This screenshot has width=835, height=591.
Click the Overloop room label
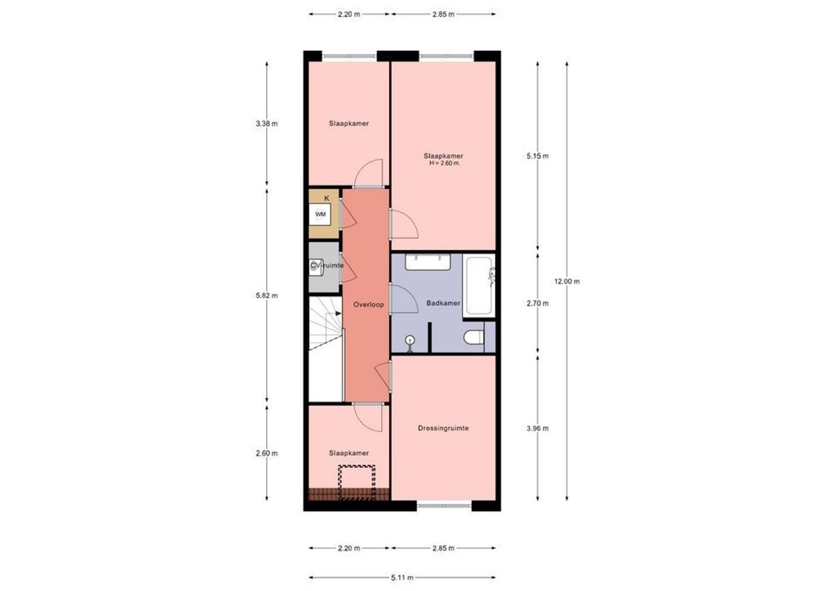[369, 304]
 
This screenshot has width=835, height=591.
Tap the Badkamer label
[443, 303]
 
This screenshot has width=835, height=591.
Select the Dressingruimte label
[443, 428]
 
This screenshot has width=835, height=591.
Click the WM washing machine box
[320, 214]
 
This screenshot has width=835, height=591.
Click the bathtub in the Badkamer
[479, 286]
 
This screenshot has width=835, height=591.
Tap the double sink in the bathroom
[428, 262]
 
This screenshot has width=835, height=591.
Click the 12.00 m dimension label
[567, 281]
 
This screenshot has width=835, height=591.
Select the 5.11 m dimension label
[402, 577]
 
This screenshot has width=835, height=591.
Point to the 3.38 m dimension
[266, 124]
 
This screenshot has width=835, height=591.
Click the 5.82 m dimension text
[266, 296]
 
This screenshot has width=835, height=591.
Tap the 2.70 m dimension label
[538, 303]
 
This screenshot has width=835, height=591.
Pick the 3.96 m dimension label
[538, 428]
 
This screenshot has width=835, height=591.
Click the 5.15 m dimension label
[538, 156]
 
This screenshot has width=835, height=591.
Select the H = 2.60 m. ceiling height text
[445, 163]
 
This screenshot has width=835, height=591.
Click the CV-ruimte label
[327, 265]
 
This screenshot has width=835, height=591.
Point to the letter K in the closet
[327, 198]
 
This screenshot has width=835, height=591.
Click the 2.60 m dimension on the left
[266, 453]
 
